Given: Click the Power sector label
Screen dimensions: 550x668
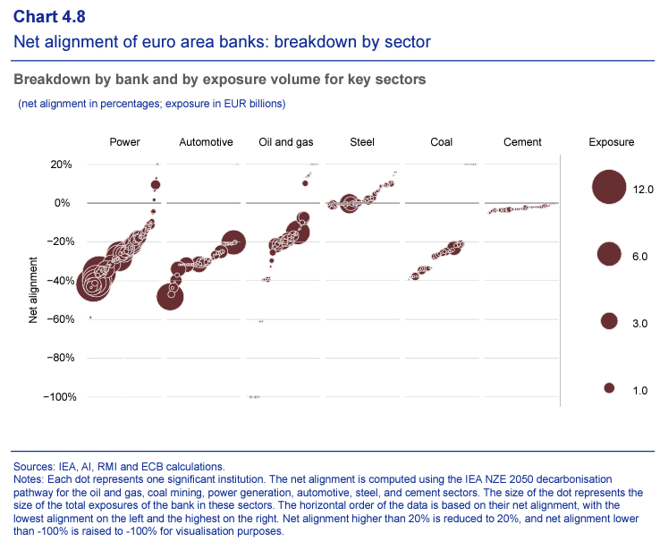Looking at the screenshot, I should (x=124, y=142).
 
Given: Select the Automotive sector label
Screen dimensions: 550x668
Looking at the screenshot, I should (x=206, y=142).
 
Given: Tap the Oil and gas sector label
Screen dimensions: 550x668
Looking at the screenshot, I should (x=286, y=142).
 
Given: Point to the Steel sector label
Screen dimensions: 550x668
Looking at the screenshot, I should (x=362, y=142).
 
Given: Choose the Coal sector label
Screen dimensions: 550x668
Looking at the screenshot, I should (x=442, y=142).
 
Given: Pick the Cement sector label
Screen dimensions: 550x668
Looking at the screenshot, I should (x=522, y=142).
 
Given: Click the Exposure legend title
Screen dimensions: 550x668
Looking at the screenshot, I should (x=612, y=142).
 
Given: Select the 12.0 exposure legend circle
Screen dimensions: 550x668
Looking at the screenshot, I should (x=610, y=188).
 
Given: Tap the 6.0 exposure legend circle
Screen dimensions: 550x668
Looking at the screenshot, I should (x=610, y=255).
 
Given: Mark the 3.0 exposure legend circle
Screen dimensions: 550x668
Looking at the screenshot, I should (x=610, y=321).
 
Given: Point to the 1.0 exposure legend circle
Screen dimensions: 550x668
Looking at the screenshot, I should (x=610, y=388).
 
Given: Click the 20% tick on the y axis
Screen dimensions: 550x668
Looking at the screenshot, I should (x=61, y=165).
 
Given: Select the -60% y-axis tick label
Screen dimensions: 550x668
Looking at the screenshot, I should (x=59, y=319).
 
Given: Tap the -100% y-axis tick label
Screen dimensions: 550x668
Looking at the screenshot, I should (x=56, y=397).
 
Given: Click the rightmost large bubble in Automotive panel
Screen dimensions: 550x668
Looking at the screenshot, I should (x=233, y=241).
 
